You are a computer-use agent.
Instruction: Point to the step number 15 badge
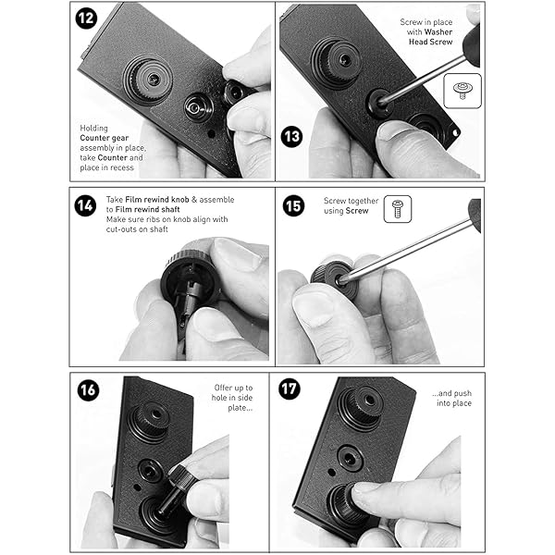(x=293, y=205)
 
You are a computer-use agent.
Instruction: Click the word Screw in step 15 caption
(x=357, y=211)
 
